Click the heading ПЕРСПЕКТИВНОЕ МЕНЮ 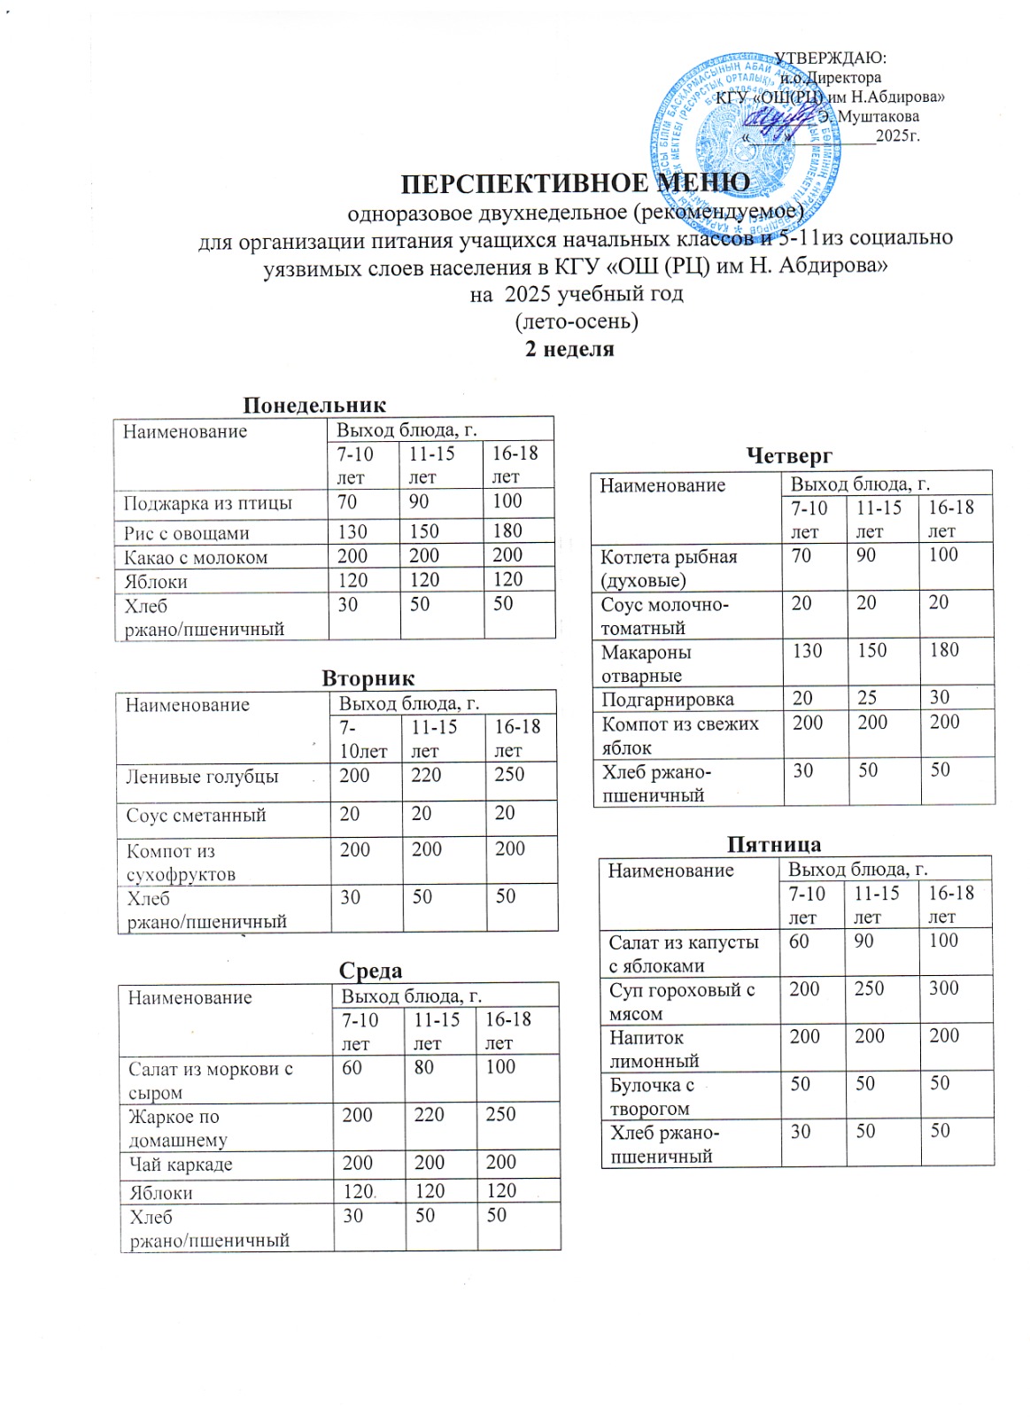pyautogui.click(x=576, y=183)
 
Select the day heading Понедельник pyautogui.click(x=314, y=406)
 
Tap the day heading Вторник pyautogui.click(x=368, y=678)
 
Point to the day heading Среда pyautogui.click(x=370, y=971)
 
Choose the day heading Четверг pyautogui.click(x=789, y=456)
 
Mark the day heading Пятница pyautogui.click(x=774, y=844)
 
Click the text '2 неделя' pyautogui.click(x=569, y=349)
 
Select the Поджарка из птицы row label pyautogui.click(x=208, y=504)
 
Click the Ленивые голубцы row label pyautogui.click(x=202, y=778)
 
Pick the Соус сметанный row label pyautogui.click(x=196, y=816)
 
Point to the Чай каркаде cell pyautogui.click(x=181, y=1165)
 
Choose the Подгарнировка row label pyautogui.click(x=668, y=700)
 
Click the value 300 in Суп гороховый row pyautogui.click(x=944, y=989)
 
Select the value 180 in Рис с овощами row pyautogui.click(x=507, y=531)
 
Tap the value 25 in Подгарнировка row pyautogui.click(x=867, y=698)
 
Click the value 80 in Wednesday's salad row pyautogui.click(x=424, y=1068)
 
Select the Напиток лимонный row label pyautogui.click(x=654, y=1049)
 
